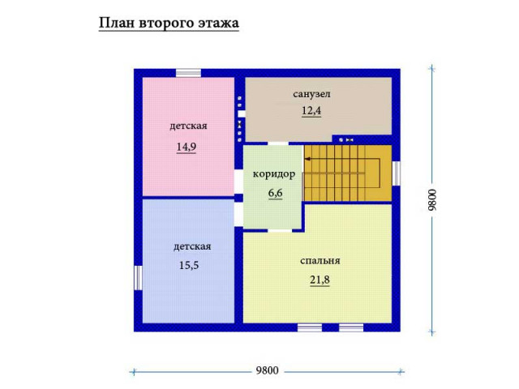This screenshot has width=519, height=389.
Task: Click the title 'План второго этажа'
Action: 169,24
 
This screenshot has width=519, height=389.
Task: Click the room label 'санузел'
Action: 311,94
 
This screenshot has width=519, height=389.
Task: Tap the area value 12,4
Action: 311,111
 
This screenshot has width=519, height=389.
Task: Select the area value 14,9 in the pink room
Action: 187,147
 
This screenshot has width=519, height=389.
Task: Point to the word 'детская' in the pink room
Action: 188,126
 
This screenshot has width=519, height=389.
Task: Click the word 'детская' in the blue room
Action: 192,246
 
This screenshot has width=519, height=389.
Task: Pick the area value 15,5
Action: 189,265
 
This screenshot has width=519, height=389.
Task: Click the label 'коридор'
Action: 274,174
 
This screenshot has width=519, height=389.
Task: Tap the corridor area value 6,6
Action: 276,193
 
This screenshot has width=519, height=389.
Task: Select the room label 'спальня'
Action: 320,261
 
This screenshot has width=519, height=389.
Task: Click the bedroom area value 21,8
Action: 320,280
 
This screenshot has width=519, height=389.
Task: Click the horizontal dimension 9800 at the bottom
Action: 267,370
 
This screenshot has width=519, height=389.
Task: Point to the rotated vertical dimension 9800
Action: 432,200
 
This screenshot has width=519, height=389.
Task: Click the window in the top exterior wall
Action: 188,73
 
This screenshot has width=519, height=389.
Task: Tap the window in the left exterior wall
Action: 138,278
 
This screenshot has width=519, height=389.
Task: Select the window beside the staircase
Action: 397,173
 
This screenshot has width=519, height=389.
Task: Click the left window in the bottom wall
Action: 310,327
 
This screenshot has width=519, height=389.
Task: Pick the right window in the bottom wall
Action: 351,327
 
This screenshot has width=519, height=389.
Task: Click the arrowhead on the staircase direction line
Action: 307,159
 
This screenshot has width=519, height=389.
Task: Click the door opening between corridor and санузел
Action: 278,143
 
